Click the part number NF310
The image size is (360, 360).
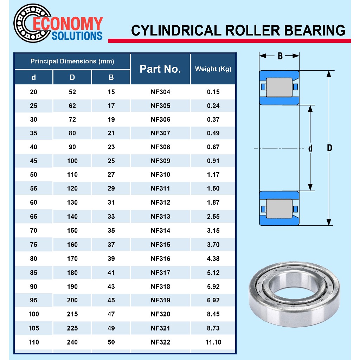click(160, 174)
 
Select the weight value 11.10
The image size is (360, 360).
click(213, 342)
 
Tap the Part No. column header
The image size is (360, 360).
click(160, 69)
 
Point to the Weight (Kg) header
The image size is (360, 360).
click(213, 69)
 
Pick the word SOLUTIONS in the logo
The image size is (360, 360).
click(77, 36)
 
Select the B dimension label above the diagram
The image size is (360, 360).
click(280, 56)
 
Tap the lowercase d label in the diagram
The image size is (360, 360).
click(310, 148)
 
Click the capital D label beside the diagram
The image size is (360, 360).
click(329, 148)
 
